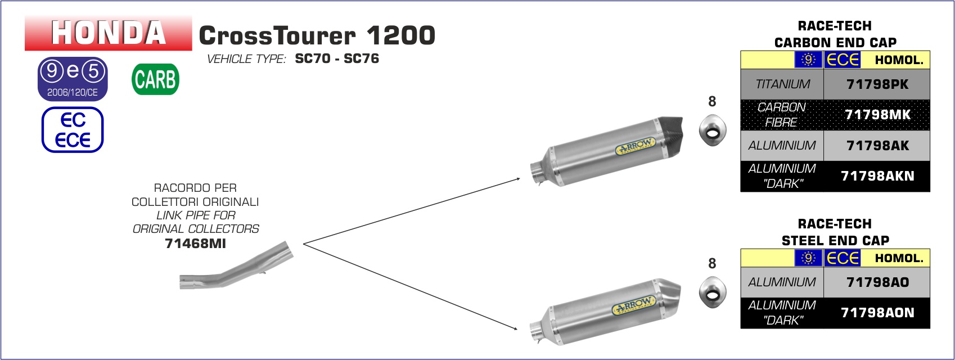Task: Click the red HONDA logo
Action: click(x=109, y=33)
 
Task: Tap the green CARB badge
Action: click(x=156, y=79)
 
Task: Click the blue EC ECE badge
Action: click(x=73, y=130)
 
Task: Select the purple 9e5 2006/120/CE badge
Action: click(x=73, y=79)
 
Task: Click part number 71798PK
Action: click(x=877, y=84)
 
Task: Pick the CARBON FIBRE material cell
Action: click(x=782, y=115)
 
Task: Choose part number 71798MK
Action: click(x=877, y=115)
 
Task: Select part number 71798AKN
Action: click(x=877, y=176)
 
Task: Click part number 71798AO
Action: click(x=877, y=282)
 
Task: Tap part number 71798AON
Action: click(x=877, y=313)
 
